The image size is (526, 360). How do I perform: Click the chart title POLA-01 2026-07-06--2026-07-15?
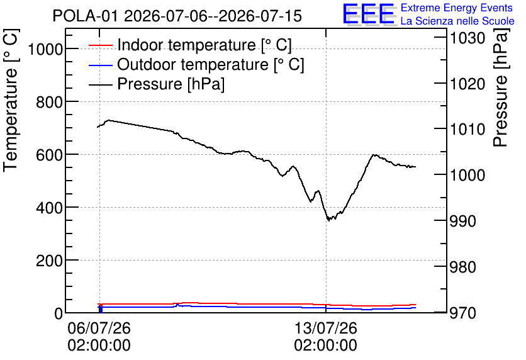pyautogui.click(x=177, y=16)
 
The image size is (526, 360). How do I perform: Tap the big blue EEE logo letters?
pyautogui.click(x=369, y=14)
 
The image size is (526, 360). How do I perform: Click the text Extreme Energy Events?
pyautogui.click(x=457, y=8)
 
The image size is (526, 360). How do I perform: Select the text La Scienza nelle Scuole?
pyautogui.click(x=457, y=21)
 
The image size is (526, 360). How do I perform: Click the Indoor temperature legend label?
pyautogui.click(x=204, y=45)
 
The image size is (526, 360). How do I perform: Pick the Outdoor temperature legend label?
pyautogui.click(x=211, y=64)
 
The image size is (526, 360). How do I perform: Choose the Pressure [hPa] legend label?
pyautogui.click(x=171, y=84)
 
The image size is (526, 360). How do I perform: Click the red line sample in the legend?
pyautogui.click(x=100, y=45)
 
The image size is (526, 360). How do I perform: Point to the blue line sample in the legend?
pyautogui.click(x=100, y=65)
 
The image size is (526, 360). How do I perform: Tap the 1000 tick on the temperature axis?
pyautogui.click(x=45, y=49)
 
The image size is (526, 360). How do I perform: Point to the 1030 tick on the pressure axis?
pyautogui.click(x=467, y=38)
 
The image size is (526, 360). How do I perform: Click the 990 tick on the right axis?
pyautogui.click(x=462, y=221)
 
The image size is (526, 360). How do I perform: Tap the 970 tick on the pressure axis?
pyautogui.click(x=462, y=313)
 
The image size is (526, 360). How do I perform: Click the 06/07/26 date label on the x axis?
pyautogui.click(x=99, y=328)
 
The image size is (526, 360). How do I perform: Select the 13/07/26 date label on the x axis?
pyautogui.click(x=326, y=328)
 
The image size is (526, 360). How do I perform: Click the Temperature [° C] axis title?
pyautogui.click(x=11, y=101)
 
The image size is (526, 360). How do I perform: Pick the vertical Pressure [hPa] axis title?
pyautogui.click(x=500, y=87)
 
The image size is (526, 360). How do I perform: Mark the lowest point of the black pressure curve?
pyautogui.click(x=328, y=220)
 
